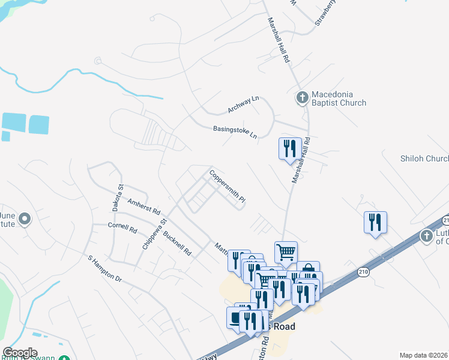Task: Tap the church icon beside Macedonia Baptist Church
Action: click(303, 96)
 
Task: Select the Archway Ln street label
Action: click(242, 105)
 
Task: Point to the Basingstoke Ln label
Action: click(235, 132)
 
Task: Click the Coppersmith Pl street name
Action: click(228, 186)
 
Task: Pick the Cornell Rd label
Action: click(122, 229)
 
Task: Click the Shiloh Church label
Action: click(424, 158)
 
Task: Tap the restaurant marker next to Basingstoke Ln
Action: click(290, 148)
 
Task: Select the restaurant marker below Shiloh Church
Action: click(375, 222)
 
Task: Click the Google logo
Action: click(20, 352)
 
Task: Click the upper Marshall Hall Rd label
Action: click(279, 40)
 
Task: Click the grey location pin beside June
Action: click(24, 220)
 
